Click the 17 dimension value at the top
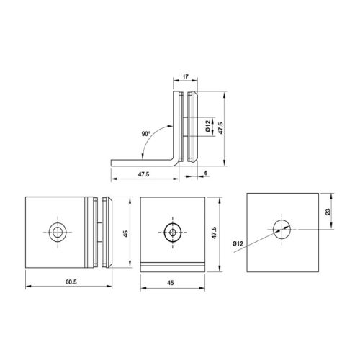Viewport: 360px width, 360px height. (185, 77)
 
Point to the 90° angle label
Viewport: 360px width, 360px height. (145, 134)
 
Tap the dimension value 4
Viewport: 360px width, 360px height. (205, 173)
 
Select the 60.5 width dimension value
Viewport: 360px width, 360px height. (71, 282)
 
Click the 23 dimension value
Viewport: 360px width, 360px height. (328, 212)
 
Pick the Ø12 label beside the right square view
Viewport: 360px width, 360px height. (238, 244)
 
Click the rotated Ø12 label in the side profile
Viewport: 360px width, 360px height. (208, 126)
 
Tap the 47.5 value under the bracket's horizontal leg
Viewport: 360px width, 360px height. (143, 174)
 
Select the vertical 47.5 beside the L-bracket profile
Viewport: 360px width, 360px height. (220, 128)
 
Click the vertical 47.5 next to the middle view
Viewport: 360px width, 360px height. (214, 233)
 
